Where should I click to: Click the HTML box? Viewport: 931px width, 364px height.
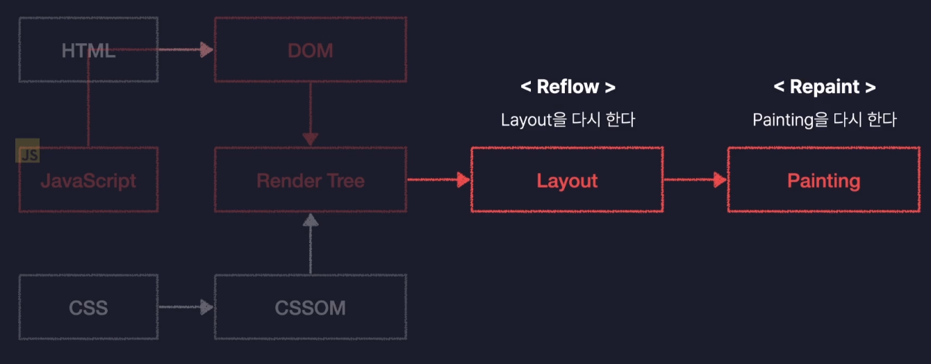[88, 50]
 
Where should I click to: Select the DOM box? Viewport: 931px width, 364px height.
[310, 50]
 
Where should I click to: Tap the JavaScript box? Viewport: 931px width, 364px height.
[88, 181]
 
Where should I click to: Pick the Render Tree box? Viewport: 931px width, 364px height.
[310, 181]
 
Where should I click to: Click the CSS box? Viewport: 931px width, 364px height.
[88, 307]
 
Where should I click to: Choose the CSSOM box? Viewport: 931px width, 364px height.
[310, 307]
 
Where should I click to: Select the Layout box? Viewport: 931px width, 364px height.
[567, 181]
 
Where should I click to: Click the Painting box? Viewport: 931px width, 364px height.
[823, 181]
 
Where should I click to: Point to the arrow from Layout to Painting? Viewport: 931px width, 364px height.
[695, 181]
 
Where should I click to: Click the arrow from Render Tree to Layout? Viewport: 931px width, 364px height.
[438, 181]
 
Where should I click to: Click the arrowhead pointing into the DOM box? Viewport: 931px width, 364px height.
[206, 49]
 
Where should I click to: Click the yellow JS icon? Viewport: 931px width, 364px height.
[28, 154]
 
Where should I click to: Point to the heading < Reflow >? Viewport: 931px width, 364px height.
[568, 87]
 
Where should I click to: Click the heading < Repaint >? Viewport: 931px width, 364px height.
[824, 87]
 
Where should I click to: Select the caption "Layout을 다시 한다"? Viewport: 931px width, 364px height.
[568, 119]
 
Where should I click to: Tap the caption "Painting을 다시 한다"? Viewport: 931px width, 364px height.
[824, 119]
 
